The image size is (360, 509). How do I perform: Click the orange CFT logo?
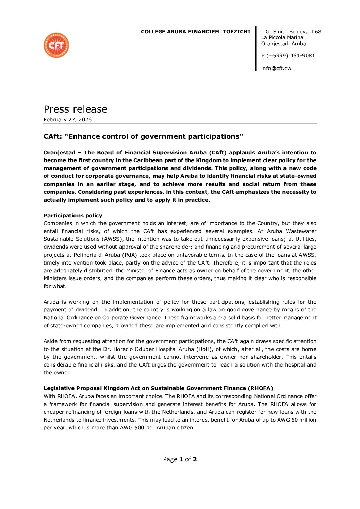coord(56,45)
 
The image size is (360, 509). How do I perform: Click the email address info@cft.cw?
coord(276,68)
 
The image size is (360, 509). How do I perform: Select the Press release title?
coord(75,109)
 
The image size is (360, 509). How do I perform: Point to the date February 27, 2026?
coord(67,120)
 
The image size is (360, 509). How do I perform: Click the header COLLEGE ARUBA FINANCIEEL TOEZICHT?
coord(195,32)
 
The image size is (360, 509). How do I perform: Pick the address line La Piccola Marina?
coord(282,37)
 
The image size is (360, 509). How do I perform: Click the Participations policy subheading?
coord(73,216)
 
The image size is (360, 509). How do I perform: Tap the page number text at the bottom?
coord(180,459)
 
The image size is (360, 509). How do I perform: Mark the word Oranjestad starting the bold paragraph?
coord(59,153)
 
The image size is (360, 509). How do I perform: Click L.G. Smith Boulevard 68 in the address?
coord(291,32)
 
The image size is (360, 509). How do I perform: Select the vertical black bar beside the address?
coord(256,49)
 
